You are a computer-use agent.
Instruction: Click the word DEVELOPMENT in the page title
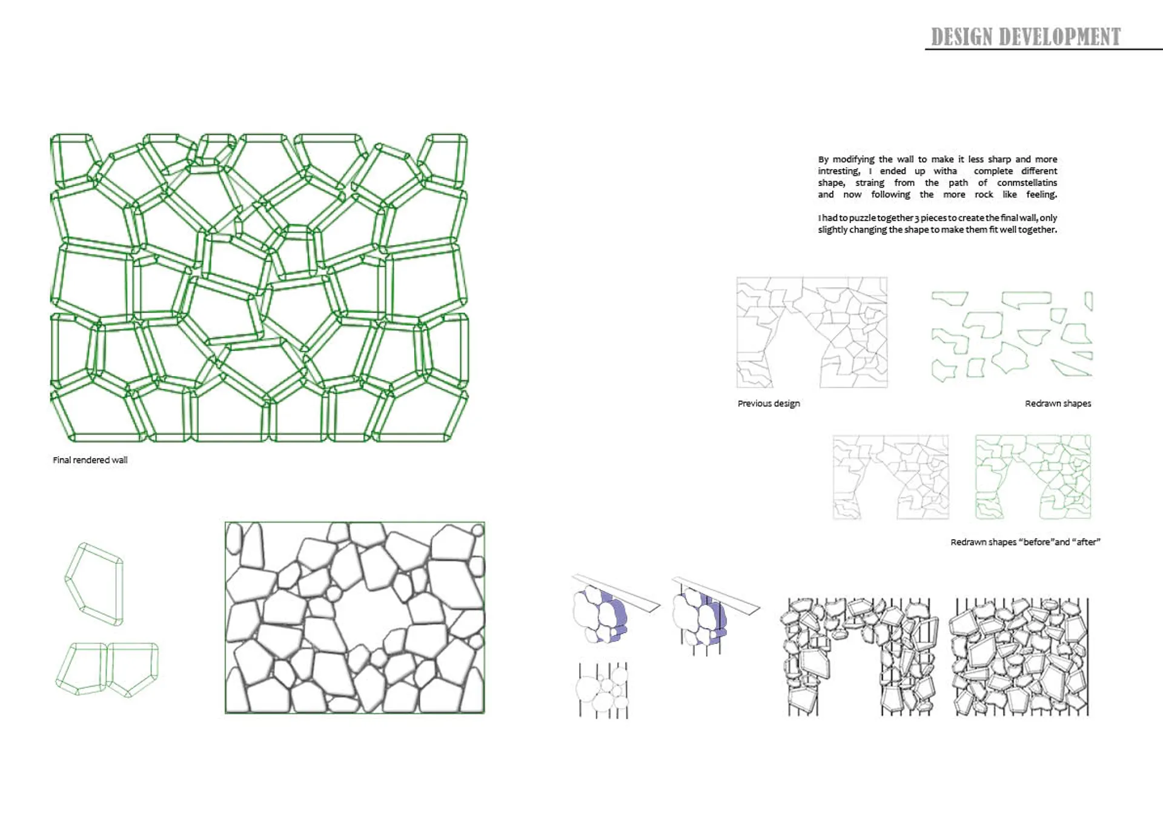coord(1060,37)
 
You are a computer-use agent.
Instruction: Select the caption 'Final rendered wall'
coord(90,460)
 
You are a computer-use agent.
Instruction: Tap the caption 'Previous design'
coord(769,403)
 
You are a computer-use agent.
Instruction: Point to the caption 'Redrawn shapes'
coord(1058,403)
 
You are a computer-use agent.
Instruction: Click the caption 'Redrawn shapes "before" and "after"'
coord(1025,542)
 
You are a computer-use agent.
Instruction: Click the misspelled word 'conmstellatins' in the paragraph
coord(1027,182)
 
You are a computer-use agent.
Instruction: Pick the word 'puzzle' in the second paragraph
coord(863,218)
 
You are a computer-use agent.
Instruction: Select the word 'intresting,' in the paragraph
coord(839,171)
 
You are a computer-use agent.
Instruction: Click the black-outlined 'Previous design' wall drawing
coord(812,333)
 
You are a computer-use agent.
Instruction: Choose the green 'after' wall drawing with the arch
coord(1033,477)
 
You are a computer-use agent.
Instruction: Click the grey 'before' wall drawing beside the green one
coord(890,477)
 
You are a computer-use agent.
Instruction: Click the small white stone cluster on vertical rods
coord(602,691)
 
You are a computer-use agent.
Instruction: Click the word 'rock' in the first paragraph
coord(984,194)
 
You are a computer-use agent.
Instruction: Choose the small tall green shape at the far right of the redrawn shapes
coord(1088,301)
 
